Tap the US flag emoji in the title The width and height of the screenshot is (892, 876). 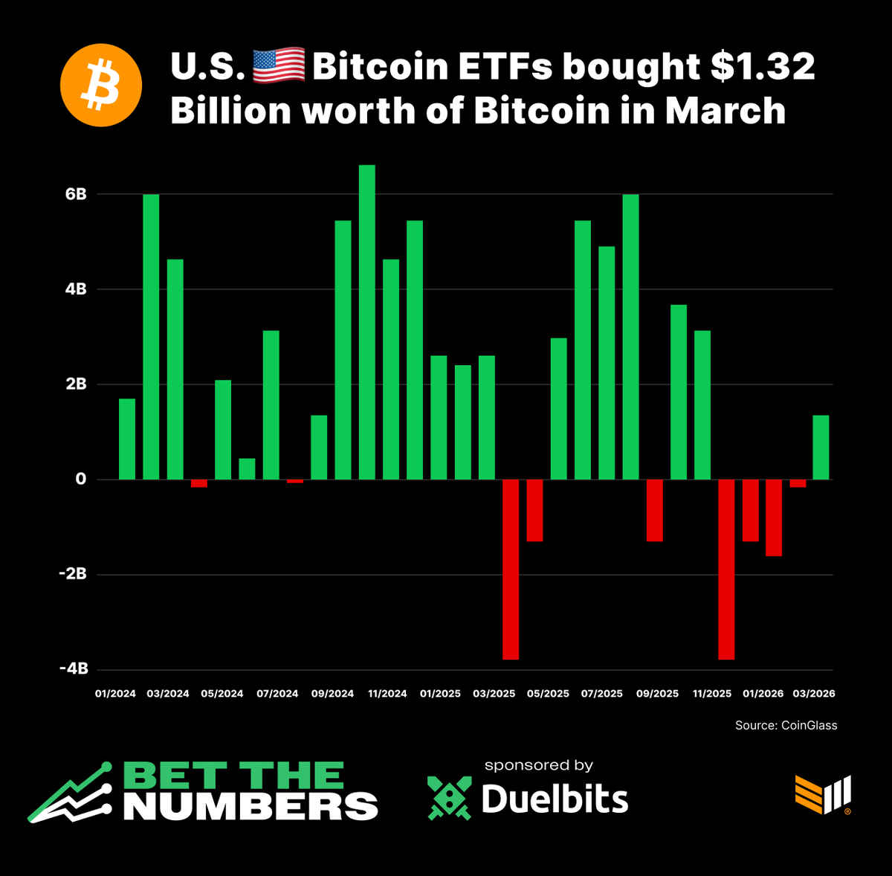[x=279, y=65]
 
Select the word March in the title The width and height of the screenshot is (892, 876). [x=725, y=112]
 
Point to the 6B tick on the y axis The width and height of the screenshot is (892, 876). [x=76, y=194]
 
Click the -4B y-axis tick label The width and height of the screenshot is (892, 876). [x=74, y=669]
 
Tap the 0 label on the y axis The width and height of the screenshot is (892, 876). [x=81, y=480]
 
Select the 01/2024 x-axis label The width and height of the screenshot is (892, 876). [x=115, y=694]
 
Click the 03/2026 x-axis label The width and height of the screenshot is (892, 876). [x=813, y=694]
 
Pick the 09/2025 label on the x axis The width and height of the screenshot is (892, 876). [x=657, y=694]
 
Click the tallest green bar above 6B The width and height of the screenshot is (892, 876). [x=367, y=322]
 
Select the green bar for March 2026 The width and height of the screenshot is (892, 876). [x=821, y=447]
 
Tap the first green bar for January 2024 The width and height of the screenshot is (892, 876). [x=127, y=439]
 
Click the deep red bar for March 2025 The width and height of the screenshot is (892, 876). [x=511, y=570]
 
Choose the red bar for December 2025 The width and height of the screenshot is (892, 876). [x=726, y=570]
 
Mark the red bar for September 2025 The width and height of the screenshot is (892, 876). [x=654, y=510]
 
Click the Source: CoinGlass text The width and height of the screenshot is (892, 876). [x=786, y=725]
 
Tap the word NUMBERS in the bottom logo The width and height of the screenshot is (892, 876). [x=251, y=806]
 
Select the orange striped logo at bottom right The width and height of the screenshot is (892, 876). [x=823, y=794]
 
